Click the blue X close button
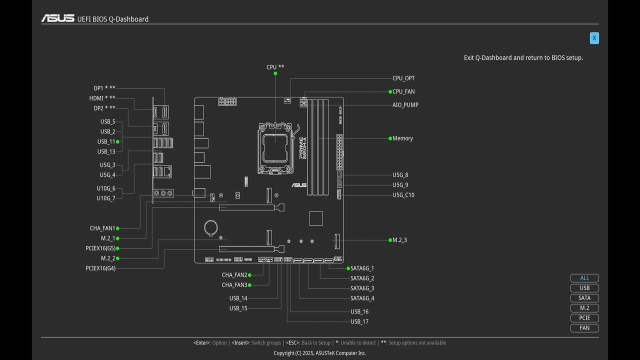[594, 38]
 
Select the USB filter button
[584, 288]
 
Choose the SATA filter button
[584, 298]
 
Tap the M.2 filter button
[584, 308]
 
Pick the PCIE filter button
[584, 318]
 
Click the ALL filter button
[584, 278]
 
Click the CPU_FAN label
[403, 91]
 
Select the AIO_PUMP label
[405, 105]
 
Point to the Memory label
[402, 138]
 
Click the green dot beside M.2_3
[390, 240]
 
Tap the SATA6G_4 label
[362, 298]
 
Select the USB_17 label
[359, 321]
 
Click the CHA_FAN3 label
[234, 285]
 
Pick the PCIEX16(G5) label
[100, 248]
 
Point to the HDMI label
[102, 98]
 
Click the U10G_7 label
[106, 198]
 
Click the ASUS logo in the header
[57, 19]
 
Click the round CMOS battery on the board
[211, 227]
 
